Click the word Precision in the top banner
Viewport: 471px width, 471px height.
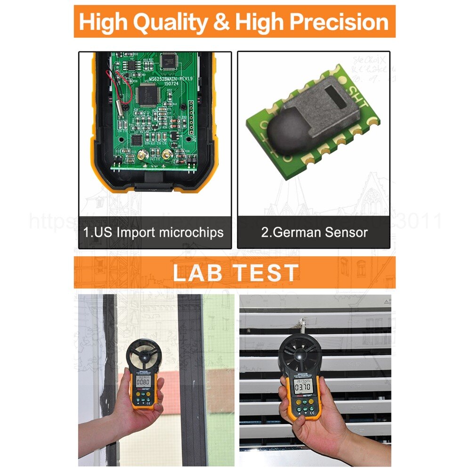coord(339,22)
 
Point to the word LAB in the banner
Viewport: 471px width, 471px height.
coord(197,273)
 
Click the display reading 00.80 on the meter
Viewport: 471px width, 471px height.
coord(143,382)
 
